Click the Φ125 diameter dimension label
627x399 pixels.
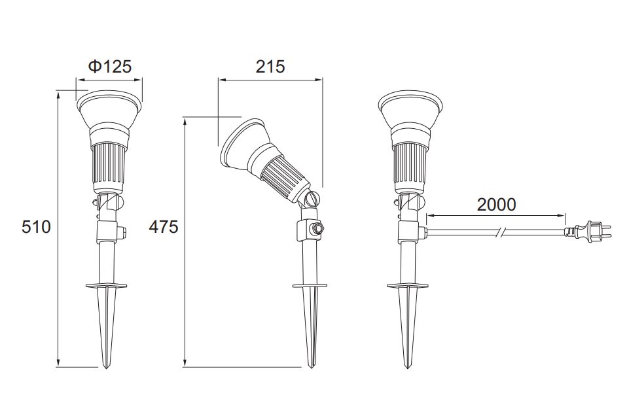tap(109, 66)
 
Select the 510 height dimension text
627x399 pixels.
tap(36, 227)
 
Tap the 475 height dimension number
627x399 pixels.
tap(164, 227)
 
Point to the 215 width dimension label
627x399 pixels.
tap(270, 66)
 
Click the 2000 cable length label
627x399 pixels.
tap(496, 205)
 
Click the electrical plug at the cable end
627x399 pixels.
tap(588, 231)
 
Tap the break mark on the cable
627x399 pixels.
tap(500, 231)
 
